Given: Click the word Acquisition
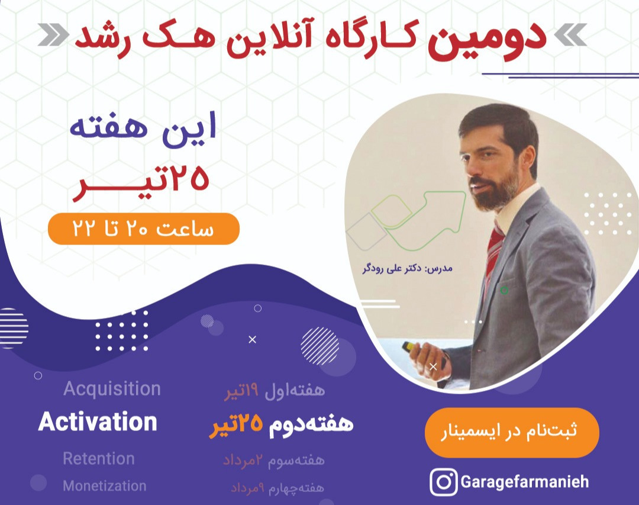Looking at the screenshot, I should [x=112, y=389].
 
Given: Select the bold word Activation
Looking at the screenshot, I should [x=98, y=422].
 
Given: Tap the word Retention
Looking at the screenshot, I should [x=99, y=459].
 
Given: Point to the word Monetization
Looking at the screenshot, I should [x=105, y=486].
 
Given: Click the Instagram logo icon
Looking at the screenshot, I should [x=443, y=481].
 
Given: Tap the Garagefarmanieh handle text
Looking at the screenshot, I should [x=524, y=481].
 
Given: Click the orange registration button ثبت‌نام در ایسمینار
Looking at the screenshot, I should [x=512, y=432].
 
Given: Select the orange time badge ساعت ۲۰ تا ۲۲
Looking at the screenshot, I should [x=144, y=229].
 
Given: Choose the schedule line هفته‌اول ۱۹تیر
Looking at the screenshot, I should [x=275, y=390].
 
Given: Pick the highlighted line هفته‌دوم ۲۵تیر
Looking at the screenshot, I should [x=281, y=424].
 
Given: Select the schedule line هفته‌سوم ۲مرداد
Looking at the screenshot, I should [x=273, y=459].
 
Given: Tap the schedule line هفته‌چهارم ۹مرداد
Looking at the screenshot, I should [x=277, y=488].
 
